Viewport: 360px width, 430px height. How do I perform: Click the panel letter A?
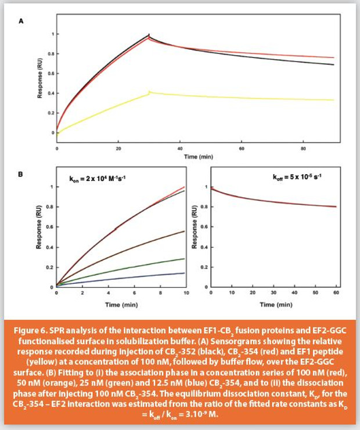click(21, 21)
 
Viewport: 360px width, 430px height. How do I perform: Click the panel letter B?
click(21, 173)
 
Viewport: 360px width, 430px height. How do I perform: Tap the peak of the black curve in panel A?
click(149, 35)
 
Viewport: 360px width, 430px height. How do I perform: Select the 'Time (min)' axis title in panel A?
click(195, 157)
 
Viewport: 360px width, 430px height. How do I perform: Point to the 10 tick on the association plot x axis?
click(185, 295)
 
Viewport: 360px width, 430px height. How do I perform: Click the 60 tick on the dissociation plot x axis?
click(335, 295)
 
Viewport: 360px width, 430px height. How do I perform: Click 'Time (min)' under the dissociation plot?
click(275, 304)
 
